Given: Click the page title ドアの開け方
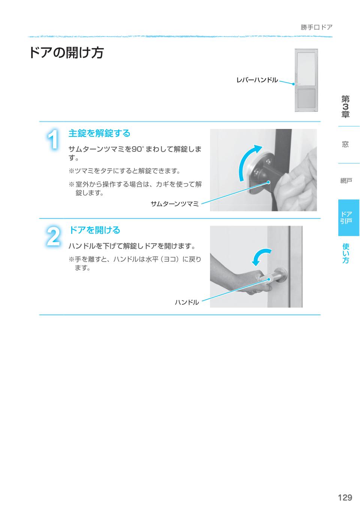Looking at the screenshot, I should coord(66,53).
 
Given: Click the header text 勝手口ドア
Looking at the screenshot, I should coord(316,27).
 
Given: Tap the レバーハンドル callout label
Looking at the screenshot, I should coord(257,80).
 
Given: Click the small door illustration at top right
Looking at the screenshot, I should coord(306,81).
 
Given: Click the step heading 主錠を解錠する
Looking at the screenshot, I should coord(99,133).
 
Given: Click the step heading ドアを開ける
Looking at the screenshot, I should coord(94,230).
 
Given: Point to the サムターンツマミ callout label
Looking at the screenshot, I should coord(174,204).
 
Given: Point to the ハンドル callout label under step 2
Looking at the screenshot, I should coord(187,302).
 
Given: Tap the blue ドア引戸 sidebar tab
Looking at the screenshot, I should coord(346,217).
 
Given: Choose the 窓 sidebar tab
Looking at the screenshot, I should coord(345,144).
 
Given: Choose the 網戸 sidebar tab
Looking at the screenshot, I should coord(346,181).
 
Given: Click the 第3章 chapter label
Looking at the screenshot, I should coord(345,107).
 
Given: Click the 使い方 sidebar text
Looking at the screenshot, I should coord(346,253).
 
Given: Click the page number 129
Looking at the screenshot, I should coord(345,497).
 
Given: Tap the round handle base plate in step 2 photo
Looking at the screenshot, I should coord(281,275).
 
